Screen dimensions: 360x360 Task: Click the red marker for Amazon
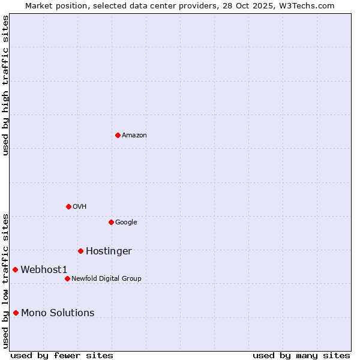click(x=118, y=135)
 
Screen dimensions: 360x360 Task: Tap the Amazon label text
click(x=134, y=136)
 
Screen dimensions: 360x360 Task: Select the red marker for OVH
click(x=68, y=206)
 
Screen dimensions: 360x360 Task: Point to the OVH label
click(x=80, y=207)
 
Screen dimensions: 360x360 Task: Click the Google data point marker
click(x=111, y=222)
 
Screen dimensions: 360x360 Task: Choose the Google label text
click(x=126, y=223)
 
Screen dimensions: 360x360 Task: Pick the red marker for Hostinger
click(x=80, y=251)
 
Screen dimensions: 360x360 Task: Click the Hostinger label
click(x=109, y=251)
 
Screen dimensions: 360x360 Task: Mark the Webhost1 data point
click(x=15, y=269)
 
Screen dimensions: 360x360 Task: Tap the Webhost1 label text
click(x=44, y=270)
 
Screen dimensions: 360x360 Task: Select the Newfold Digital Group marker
click(x=67, y=278)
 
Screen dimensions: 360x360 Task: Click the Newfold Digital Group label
click(x=106, y=279)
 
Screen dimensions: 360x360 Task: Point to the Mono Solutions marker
click(x=16, y=313)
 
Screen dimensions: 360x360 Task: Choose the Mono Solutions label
click(x=58, y=313)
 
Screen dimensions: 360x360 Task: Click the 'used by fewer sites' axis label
click(x=62, y=355)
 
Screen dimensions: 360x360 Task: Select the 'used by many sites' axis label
click(x=301, y=355)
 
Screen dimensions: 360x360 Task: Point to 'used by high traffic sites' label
click(x=5, y=85)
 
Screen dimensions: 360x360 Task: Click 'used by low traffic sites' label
click(x=5, y=281)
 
